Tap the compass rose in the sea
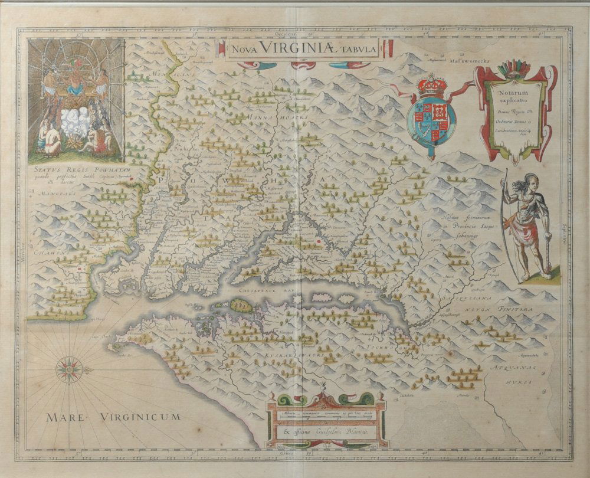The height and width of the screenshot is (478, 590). point(68,369)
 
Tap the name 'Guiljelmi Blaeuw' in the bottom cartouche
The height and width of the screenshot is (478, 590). point(334,435)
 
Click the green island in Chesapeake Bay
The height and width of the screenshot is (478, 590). point(240,305)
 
